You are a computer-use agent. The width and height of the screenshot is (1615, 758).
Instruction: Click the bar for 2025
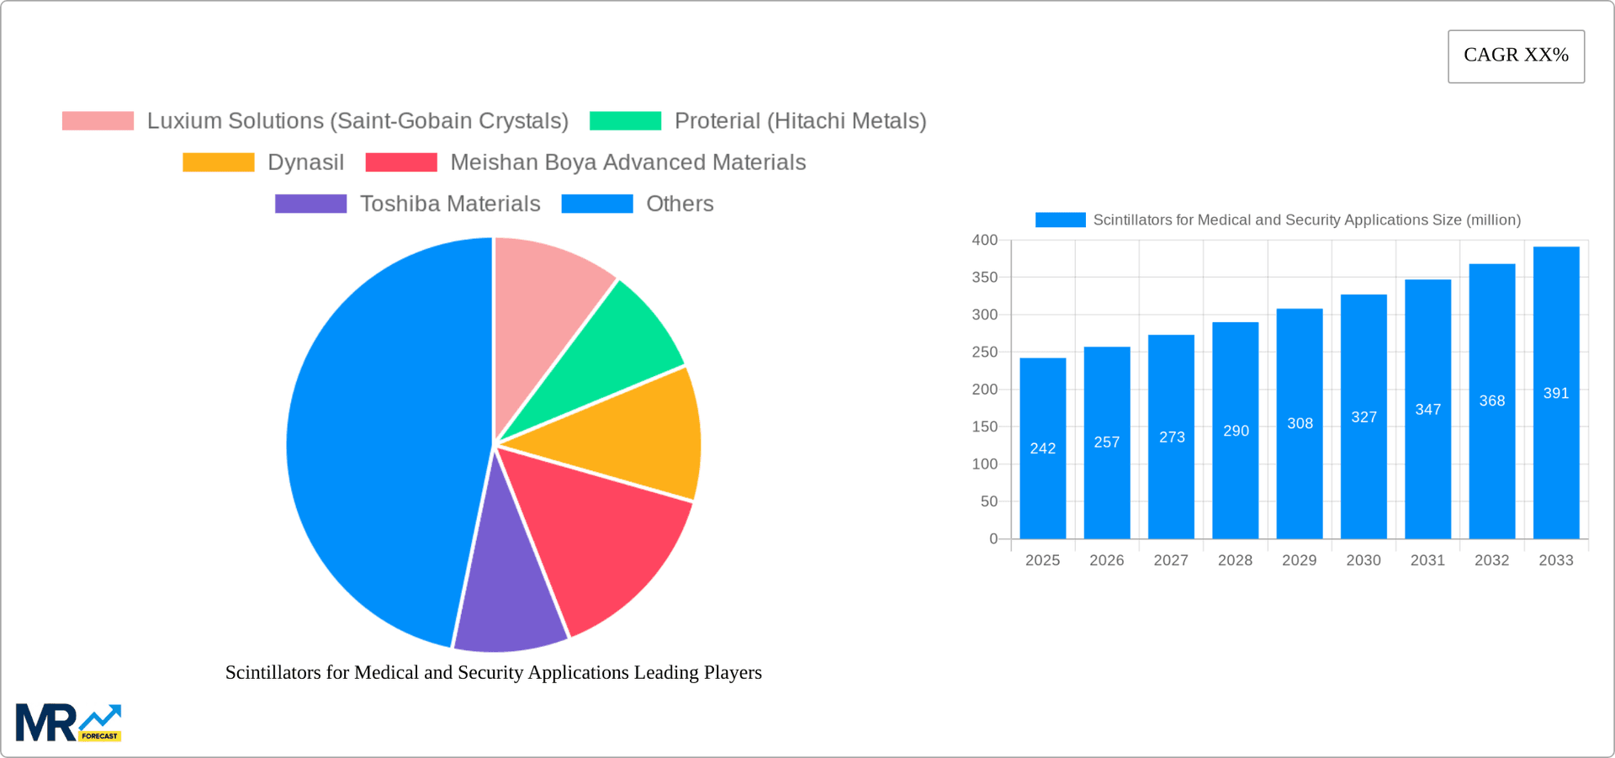pos(1042,448)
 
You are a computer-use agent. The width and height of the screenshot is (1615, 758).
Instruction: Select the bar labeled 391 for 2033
pos(1556,393)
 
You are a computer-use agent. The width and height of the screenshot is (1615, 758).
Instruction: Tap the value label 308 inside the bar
pos(1300,423)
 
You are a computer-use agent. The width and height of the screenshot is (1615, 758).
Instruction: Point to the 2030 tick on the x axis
pos(1363,560)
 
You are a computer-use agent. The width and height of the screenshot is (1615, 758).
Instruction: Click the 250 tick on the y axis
pos(985,352)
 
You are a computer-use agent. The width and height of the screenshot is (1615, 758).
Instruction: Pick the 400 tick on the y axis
pos(985,241)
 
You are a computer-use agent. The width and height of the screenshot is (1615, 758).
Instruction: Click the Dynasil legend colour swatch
pos(219,162)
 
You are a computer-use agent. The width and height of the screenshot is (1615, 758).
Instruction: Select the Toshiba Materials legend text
pos(450,204)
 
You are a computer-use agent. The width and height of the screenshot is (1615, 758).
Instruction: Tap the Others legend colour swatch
pos(597,204)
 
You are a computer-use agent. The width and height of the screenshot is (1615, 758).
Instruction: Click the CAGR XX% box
pos(1516,56)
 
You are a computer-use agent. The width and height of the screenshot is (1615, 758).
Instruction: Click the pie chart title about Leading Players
pos(493,672)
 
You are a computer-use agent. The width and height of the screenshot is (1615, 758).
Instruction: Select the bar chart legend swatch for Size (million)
pos(1060,220)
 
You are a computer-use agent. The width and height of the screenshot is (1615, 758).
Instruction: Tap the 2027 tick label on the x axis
pos(1171,560)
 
